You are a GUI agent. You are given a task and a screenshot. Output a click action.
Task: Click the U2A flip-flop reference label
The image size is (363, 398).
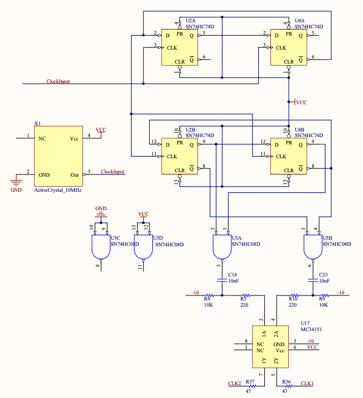click(x=190, y=20)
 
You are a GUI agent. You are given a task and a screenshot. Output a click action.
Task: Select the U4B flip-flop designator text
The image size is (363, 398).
click(x=299, y=129)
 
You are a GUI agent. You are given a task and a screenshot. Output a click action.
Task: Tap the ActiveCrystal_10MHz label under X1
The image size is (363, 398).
click(x=58, y=191)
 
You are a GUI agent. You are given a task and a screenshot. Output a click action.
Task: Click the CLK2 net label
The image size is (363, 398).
click(x=234, y=384)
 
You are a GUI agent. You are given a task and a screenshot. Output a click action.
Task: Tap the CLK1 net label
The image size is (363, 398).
click(x=307, y=384)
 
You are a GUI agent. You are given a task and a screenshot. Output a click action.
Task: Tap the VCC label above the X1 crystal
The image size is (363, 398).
click(x=101, y=130)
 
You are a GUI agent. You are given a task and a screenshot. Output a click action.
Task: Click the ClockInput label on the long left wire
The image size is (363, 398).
click(x=58, y=81)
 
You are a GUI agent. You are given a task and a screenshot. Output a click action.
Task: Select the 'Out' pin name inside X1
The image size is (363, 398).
click(x=75, y=174)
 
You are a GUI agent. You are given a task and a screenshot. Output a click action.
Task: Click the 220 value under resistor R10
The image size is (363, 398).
click(x=293, y=305)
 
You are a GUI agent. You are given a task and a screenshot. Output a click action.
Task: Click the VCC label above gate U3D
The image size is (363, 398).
click(x=143, y=214)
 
